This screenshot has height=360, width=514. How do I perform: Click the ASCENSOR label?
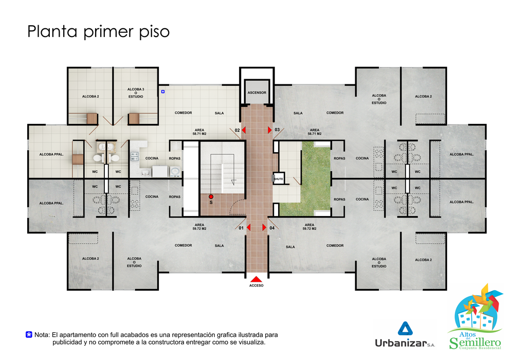coord(256,93)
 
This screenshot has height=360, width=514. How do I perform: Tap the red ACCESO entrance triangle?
coord(256,279)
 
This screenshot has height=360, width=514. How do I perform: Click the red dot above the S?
coord(211,197)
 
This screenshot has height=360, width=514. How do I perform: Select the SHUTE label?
coord(278,179)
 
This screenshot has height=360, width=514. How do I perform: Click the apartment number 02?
coord(237,130)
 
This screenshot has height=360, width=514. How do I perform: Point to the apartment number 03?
coord(277,130)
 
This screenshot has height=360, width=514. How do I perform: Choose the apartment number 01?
coord(241,228)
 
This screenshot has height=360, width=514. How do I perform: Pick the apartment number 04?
coord(272,228)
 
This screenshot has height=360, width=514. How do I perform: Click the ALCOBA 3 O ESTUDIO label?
coord(136,93)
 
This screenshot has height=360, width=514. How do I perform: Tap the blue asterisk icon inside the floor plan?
coord(163,92)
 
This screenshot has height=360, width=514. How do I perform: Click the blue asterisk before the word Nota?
coord(29,335)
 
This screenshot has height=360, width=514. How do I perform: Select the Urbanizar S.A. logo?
coord(405,335)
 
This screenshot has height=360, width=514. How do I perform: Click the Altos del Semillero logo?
coord(475,317)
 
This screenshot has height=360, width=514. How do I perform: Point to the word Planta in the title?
coord(52,31)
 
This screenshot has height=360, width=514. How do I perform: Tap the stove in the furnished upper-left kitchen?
coord(135,156)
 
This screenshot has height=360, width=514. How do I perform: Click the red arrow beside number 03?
coord(269,130)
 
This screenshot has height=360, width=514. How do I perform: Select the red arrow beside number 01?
coord(248,227)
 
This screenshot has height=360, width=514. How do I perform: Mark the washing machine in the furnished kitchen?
coord(175,171)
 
